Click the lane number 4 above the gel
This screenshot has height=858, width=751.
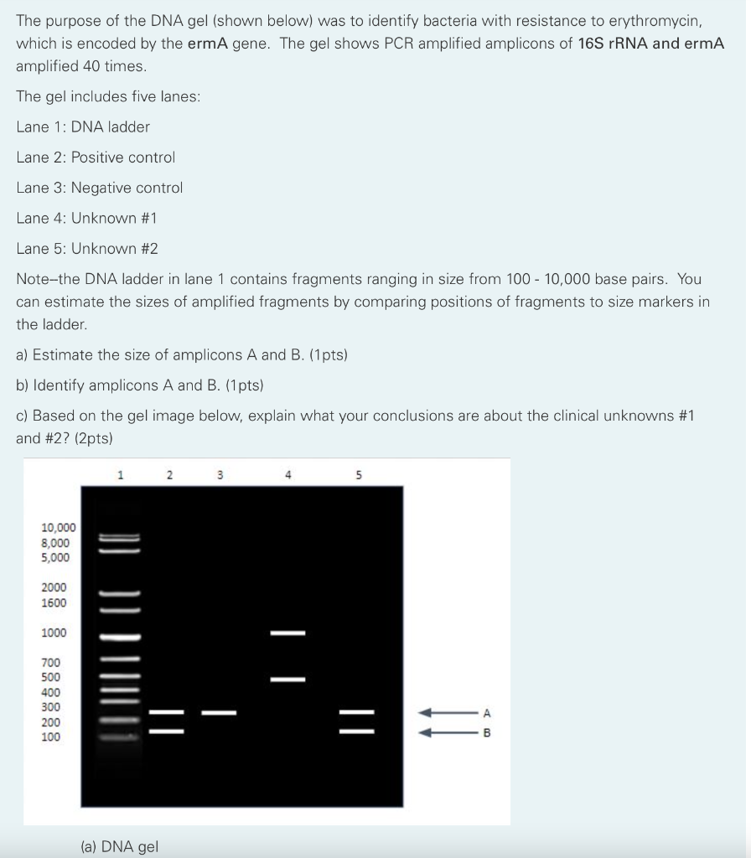(x=287, y=475)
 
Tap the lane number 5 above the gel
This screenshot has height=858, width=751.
(x=358, y=475)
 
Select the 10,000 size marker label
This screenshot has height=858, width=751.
(x=59, y=528)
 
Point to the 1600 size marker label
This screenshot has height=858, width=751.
(x=54, y=602)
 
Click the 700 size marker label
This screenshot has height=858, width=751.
(x=51, y=662)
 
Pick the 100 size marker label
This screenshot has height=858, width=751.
(x=51, y=737)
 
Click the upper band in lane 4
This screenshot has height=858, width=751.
(x=287, y=633)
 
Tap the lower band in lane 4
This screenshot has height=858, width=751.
(x=287, y=679)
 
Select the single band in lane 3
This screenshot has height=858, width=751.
(x=219, y=713)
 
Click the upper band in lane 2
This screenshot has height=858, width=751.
(x=166, y=713)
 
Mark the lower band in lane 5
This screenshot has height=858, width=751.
(x=356, y=731)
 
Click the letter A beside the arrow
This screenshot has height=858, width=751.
(x=487, y=713)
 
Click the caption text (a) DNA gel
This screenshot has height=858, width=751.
(x=119, y=846)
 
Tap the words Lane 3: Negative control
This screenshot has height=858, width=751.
(x=100, y=188)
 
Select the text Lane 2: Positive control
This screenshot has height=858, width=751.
(x=96, y=158)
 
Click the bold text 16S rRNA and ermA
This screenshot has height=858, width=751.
(x=651, y=43)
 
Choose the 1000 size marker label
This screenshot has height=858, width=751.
(x=54, y=633)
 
